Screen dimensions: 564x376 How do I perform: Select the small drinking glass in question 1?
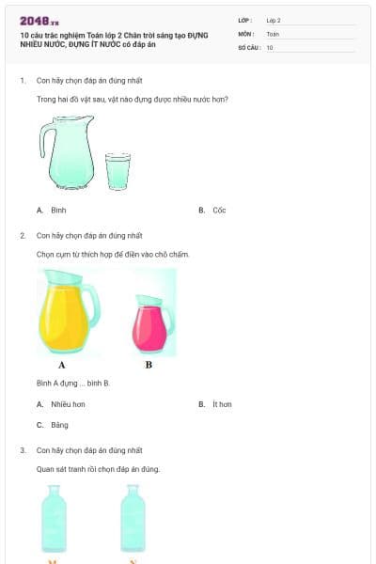[x=117, y=170]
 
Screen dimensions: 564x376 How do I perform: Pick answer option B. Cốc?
[x=213, y=211]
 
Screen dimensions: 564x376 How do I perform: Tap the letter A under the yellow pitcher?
[x=62, y=365]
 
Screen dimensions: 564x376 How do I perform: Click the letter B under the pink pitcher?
[x=149, y=365]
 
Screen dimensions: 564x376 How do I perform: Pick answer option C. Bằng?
[x=54, y=425]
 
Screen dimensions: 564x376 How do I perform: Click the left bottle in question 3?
[x=54, y=520]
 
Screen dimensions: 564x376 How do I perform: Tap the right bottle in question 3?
[x=133, y=520]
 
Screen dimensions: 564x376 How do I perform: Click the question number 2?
[x=23, y=235]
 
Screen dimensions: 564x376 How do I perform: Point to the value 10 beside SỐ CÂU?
[x=270, y=47]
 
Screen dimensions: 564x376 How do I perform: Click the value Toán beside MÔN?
[x=273, y=33]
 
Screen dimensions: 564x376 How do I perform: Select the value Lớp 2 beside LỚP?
[x=274, y=20]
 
